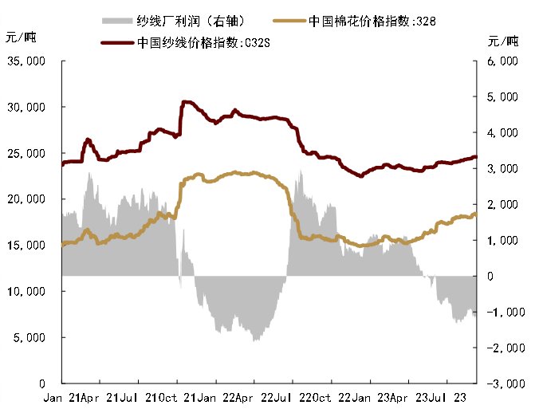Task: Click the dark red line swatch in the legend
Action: click(117, 43)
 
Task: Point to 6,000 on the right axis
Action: click(502, 61)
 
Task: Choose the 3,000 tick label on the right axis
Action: click(502, 168)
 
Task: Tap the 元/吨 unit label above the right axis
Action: click(502, 40)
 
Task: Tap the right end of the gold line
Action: click(476, 214)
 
